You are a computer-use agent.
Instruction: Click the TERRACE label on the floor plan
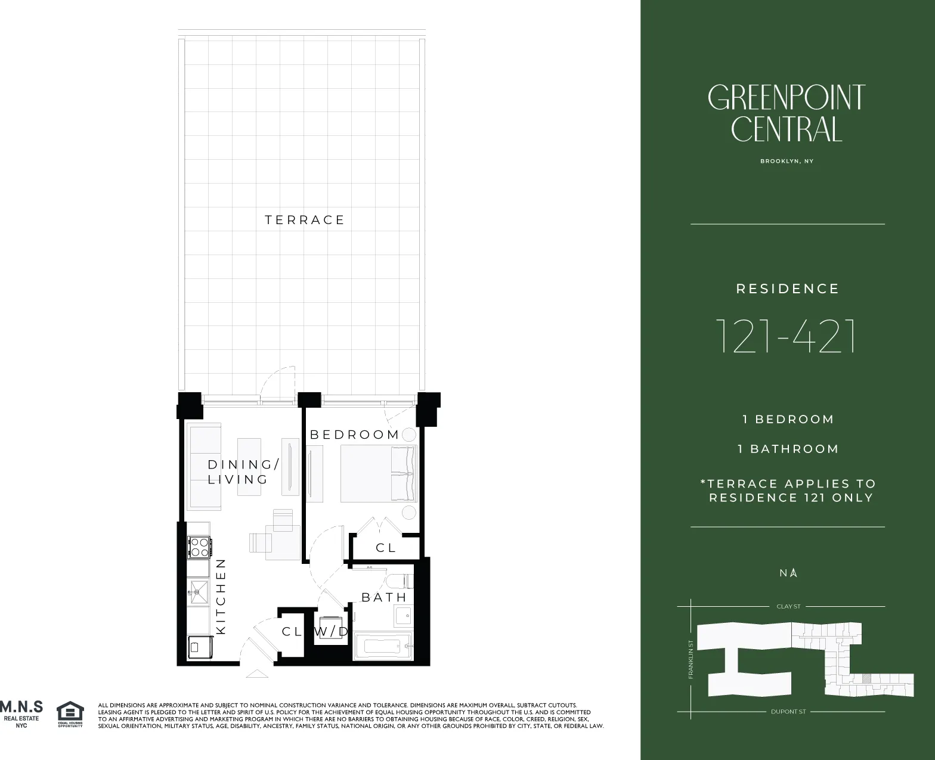pos(305,220)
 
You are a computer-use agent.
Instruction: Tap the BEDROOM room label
pos(354,435)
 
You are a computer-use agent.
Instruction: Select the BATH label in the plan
pos(384,597)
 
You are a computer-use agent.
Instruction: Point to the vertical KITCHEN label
pos(221,595)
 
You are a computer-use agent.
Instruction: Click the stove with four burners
pos(199,547)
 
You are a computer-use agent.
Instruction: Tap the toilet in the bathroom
pos(398,581)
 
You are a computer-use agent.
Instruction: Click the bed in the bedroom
pos(377,474)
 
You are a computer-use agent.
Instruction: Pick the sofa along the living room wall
pos(205,467)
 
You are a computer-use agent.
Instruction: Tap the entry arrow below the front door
pos(257,674)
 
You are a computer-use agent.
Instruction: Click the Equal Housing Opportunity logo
pos(70,714)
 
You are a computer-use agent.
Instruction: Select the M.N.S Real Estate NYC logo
pos(21,713)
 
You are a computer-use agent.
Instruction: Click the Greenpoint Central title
pos(787,113)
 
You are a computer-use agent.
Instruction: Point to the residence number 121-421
pos(787,336)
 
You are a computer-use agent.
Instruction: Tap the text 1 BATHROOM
pos(788,449)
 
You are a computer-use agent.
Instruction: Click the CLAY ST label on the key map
pos(788,606)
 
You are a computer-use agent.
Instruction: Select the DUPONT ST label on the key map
pos(788,712)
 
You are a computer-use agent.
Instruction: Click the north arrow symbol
pos(794,573)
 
